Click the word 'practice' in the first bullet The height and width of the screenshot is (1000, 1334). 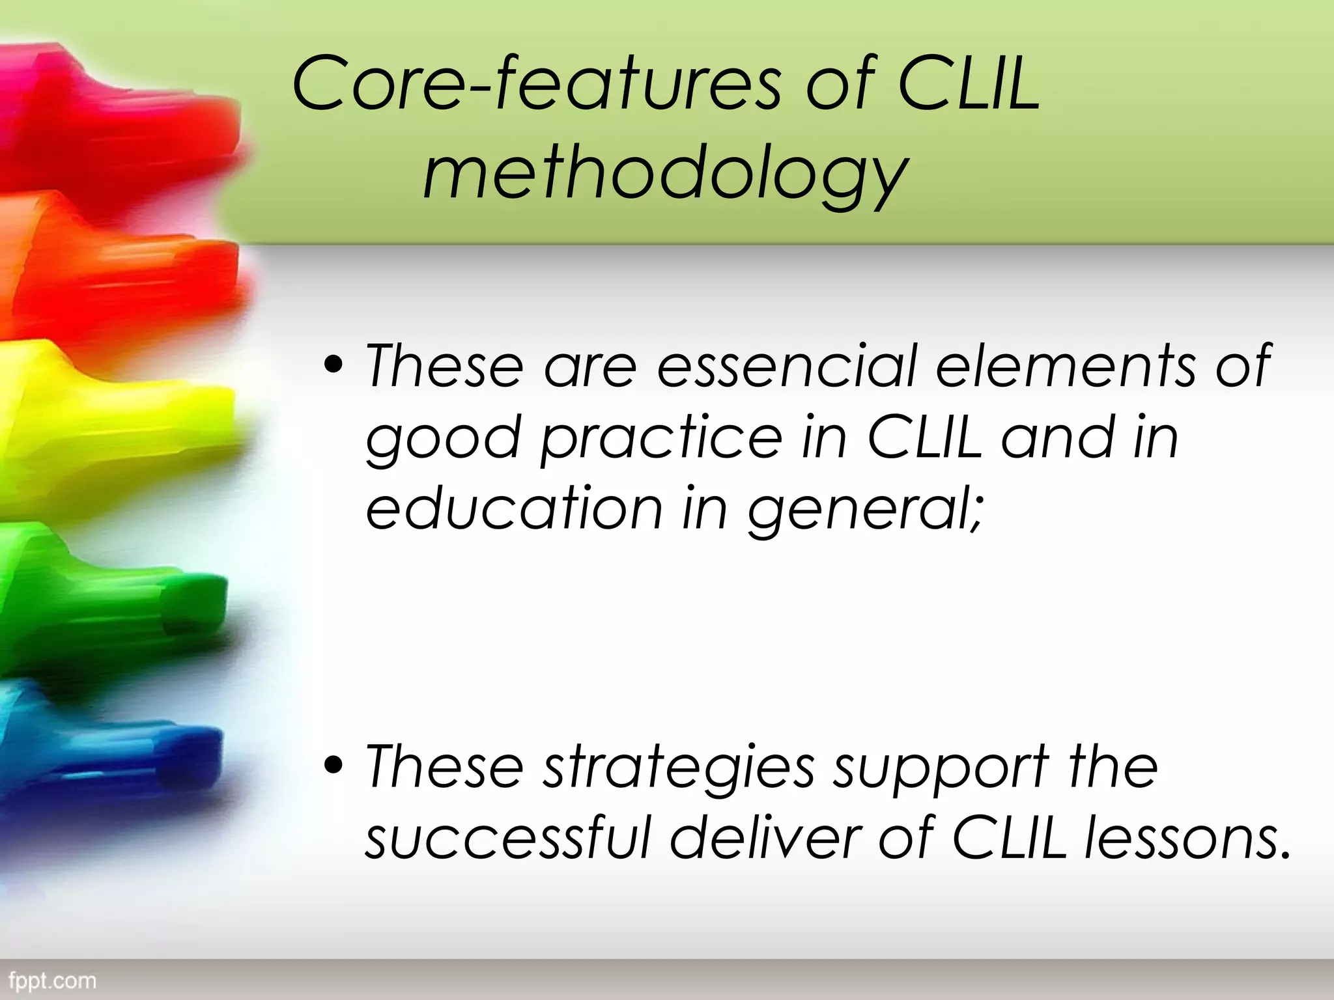tap(660, 438)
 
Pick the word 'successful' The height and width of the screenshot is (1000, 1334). tap(508, 838)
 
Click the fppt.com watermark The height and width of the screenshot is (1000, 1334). tap(53, 980)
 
